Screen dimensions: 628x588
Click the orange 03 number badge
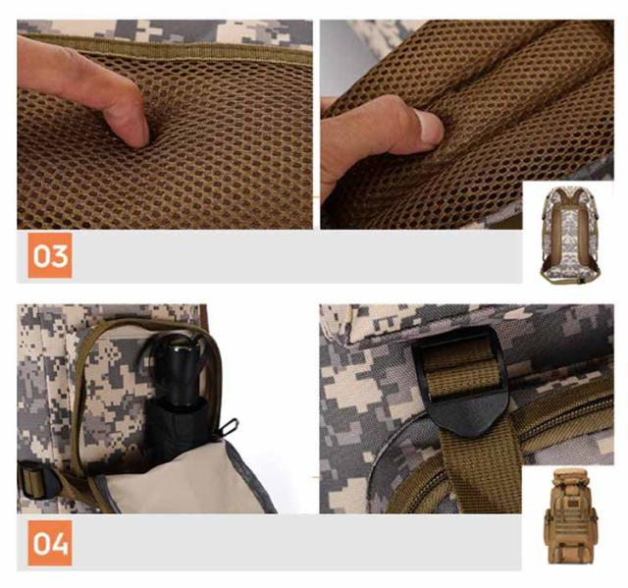pyautogui.click(x=50, y=255)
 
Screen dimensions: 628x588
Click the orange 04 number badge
pyautogui.click(x=50, y=543)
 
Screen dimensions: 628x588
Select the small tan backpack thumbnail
pyautogui.click(x=570, y=517)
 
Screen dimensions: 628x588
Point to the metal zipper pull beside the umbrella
pyautogui.click(x=228, y=427)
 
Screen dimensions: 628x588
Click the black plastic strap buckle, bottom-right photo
pyautogui.click(x=460, y=382)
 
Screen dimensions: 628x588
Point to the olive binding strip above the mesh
pyautogui.click(x=168, y=48)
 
